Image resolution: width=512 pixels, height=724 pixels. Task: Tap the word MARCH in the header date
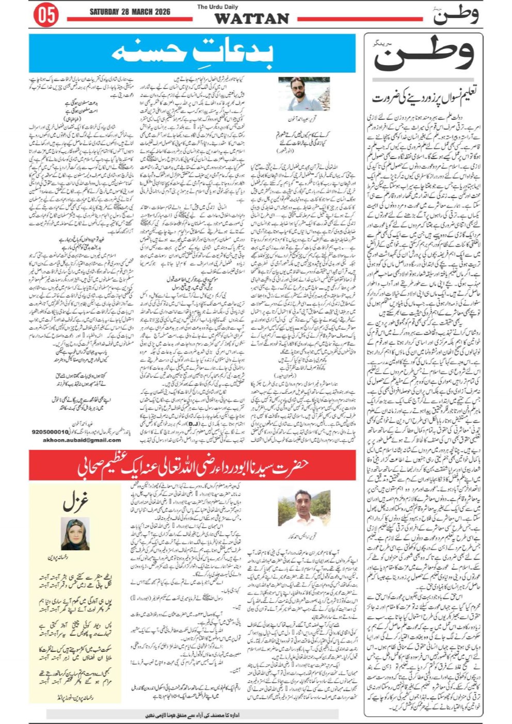[x=139, y=12]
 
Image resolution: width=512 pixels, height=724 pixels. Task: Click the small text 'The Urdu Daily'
[x=217, y=7]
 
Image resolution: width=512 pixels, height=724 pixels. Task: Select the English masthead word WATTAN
[x=251, y=19]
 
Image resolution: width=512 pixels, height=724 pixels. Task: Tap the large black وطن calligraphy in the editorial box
[x=423, y=54]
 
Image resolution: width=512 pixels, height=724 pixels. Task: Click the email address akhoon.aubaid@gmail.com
[x=82, y=440]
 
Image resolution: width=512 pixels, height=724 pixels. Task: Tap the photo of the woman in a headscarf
[x=75, y=534]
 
